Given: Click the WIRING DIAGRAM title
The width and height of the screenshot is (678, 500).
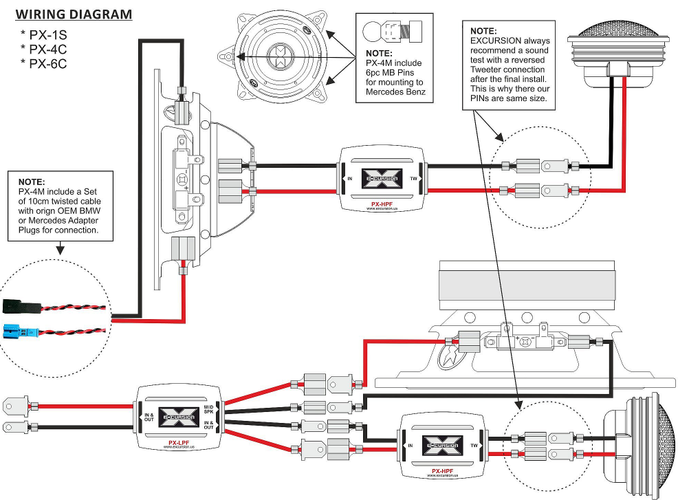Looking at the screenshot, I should pos(74,14).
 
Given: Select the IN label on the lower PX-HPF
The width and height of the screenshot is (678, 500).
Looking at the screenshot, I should pos(411,446).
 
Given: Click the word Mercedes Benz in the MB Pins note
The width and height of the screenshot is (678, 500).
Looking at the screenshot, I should pos(395,91).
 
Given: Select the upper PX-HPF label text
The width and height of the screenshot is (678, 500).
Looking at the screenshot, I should pos(382,203).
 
